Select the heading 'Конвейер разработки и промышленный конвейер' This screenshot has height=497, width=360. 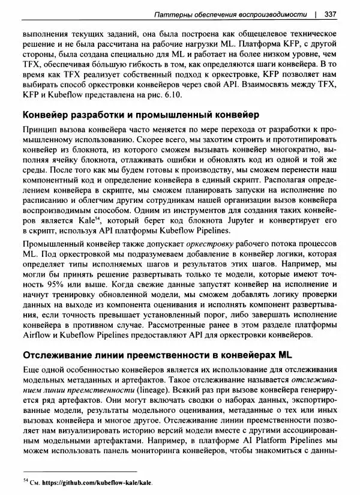[x=132, y=115]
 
